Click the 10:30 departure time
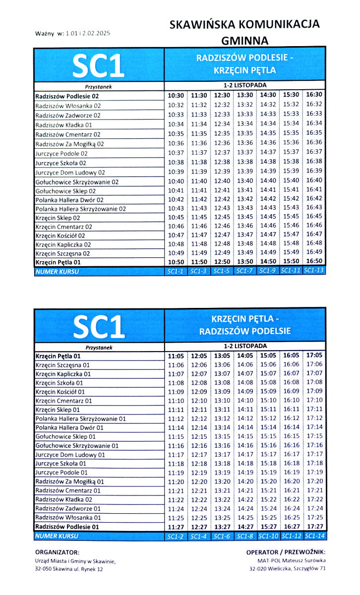coord(176,95)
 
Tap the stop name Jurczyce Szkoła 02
coord(61,163)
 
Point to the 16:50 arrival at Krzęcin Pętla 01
coord(314,261)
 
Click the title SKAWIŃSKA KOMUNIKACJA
coord(244,24)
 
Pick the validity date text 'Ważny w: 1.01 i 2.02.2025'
coord(72,34)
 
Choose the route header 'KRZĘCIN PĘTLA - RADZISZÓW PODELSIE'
coord(244,324)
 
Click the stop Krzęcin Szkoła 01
coord(59,383)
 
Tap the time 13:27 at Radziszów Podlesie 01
coord(222,526)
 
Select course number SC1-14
coord(314,536)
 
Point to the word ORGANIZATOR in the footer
coord(57,552)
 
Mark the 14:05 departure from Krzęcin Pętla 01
coord(245,356)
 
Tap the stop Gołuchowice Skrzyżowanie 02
coord(77,181)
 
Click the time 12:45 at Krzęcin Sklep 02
coord(222,217)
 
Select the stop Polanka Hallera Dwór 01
coord(69,427)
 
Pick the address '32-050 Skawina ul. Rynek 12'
coord(69,569)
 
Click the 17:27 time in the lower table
coord(314,526)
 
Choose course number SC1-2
coord(176,536)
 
